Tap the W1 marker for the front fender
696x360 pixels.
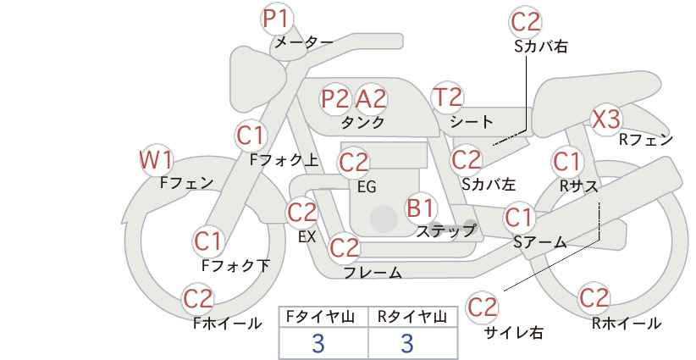(157, 160)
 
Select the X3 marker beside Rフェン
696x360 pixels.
(606, 119)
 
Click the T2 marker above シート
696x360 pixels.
(447, 97)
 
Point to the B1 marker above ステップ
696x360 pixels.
(420, 208)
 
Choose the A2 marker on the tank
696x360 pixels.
(371, 99)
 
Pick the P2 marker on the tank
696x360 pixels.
(335, 99)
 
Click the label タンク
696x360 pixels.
(362, 122)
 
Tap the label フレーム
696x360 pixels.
(373, 272)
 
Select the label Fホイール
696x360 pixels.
(227, 324)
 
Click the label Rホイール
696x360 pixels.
(627, 324)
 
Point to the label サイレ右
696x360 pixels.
(514, 333)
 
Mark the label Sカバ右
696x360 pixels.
(541, 47)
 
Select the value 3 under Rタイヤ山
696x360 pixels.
(407, 343)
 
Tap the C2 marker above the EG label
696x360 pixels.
(354, 163)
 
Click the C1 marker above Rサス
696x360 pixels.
(566, 162)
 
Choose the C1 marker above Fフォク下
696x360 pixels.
(208, 242)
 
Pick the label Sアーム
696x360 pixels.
(540, 242)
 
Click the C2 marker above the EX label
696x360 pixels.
(302, 213)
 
